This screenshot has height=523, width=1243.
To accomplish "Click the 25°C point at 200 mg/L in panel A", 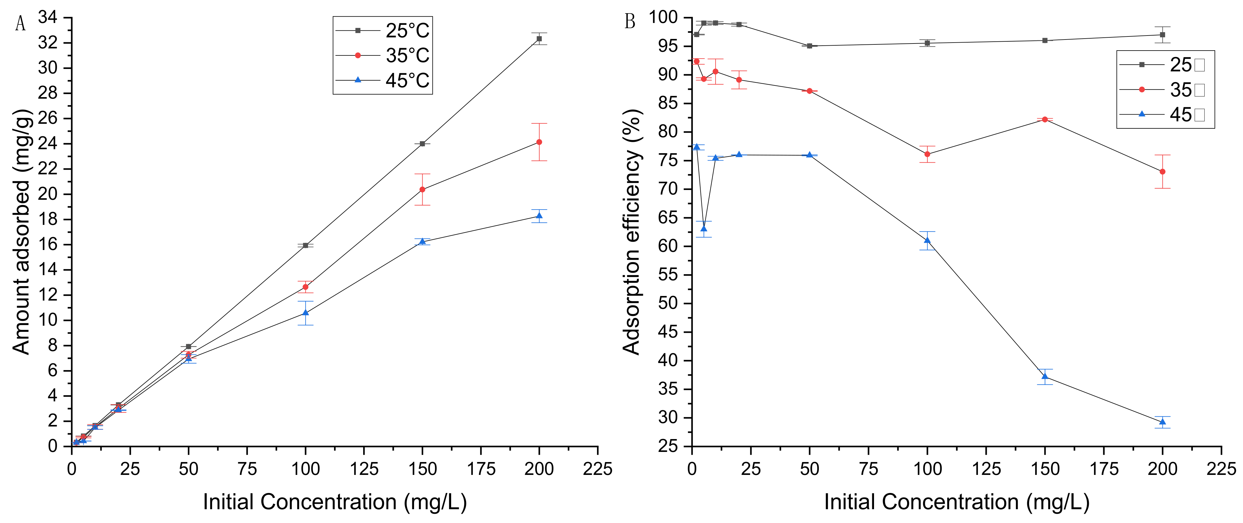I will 539,39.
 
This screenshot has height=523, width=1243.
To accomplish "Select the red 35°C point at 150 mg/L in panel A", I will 422,190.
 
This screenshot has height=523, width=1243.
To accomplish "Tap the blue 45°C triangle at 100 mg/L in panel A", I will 306,313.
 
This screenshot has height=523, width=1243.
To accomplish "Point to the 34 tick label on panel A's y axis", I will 48,18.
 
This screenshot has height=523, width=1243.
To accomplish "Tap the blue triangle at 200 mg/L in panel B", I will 1162,422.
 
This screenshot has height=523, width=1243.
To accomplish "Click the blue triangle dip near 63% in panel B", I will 704,229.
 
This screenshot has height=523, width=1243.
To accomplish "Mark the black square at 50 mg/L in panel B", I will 809,46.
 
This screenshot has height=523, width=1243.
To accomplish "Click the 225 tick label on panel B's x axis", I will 1221,469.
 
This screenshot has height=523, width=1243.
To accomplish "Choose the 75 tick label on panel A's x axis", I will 247,469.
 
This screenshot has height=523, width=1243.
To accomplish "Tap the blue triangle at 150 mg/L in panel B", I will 1045,376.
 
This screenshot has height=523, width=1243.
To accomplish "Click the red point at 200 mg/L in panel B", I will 1162,172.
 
